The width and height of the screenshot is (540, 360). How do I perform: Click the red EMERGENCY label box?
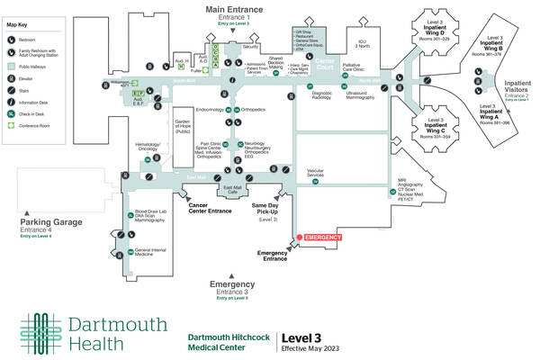point(324,237)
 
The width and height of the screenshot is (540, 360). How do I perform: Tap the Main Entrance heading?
point(240,10)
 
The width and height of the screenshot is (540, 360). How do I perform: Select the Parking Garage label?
point(51,221)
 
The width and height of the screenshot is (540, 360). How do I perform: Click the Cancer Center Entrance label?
point(211,206)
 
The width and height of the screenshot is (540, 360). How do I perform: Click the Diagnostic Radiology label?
point(322,95)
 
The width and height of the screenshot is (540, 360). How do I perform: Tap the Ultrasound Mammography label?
point(358,95)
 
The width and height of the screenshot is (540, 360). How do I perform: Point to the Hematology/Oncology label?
point(148,147)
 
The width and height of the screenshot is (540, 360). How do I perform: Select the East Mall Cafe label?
point(231,190)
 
